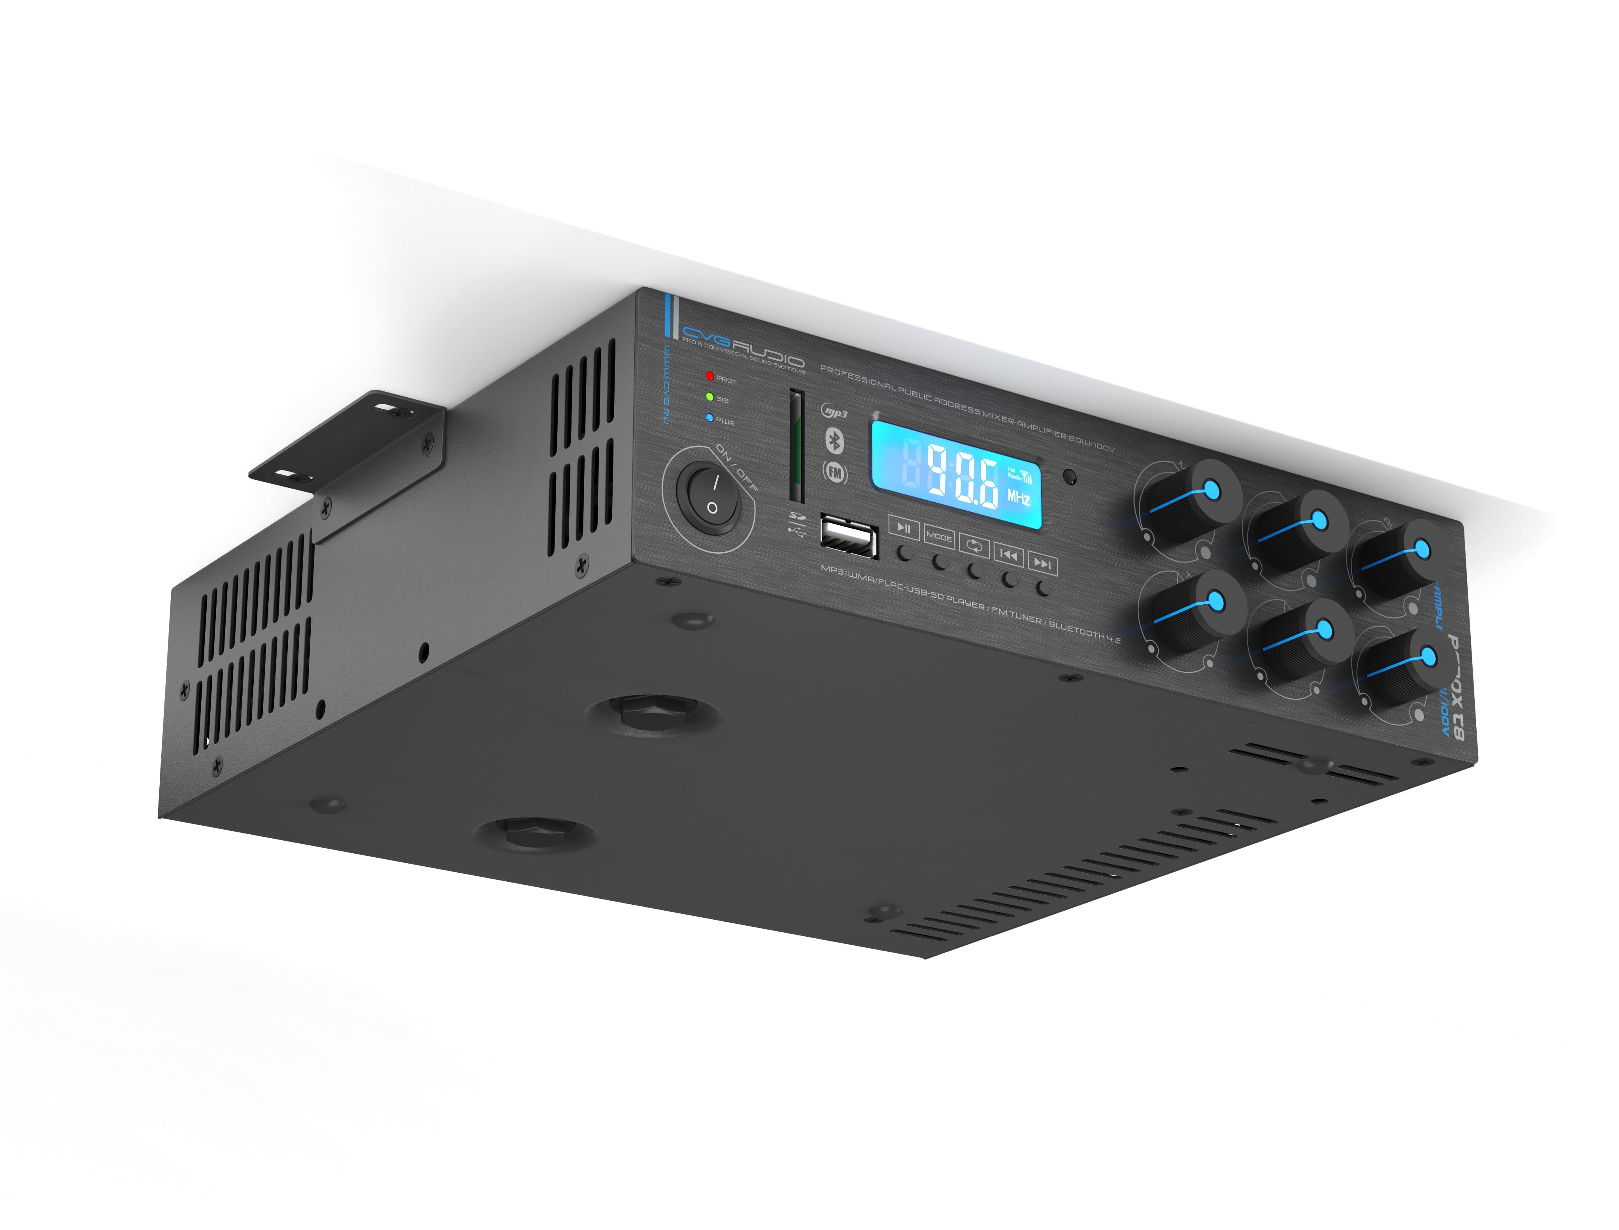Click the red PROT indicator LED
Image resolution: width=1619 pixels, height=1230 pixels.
pyautogui.click(x=709, y=376)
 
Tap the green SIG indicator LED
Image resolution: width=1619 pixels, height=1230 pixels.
pyautogui.click(x=709, y=397)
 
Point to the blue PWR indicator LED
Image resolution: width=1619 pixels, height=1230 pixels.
pyautogui.click(x=709, y=418)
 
